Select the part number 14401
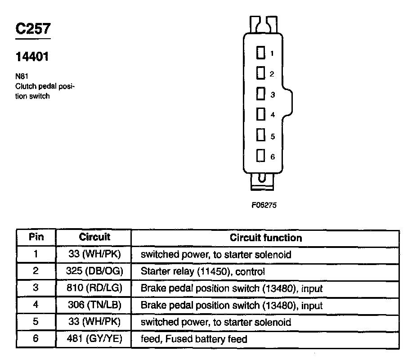click(32, 57)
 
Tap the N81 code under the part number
click(22, 76)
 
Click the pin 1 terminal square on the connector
click(260, 53)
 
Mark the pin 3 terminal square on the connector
click(260, 94)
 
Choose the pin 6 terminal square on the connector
click(260, 156)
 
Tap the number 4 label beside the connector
click(273, 115)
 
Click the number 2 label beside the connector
click(272, 74)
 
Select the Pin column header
click(36, 237)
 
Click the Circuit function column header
click(266, 238)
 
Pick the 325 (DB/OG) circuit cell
click(94, 271)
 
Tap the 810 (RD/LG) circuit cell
click(94, 288)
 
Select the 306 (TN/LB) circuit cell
click(94, 305)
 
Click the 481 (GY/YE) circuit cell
click(94, 339)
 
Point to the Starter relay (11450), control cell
click(202, 271)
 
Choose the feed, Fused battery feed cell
click(194, 339)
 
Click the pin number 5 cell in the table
click(36, 322)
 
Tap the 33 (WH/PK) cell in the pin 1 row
click(94, 254)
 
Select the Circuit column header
click(94, 237)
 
